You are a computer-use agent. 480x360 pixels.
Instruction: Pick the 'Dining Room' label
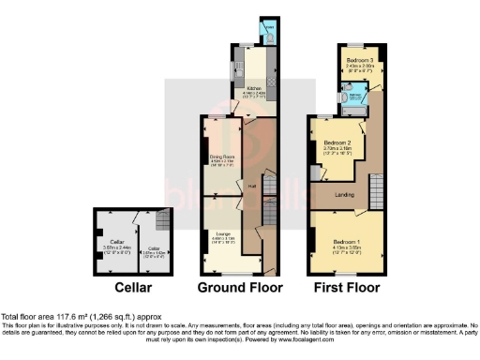click(x=222, y=157)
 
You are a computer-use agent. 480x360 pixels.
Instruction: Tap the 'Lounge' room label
click(x=222, y=232)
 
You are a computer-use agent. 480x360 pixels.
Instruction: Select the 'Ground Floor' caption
click(x=233, y=287)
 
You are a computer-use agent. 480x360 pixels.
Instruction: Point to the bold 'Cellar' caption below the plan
click(x=134, y=287)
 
